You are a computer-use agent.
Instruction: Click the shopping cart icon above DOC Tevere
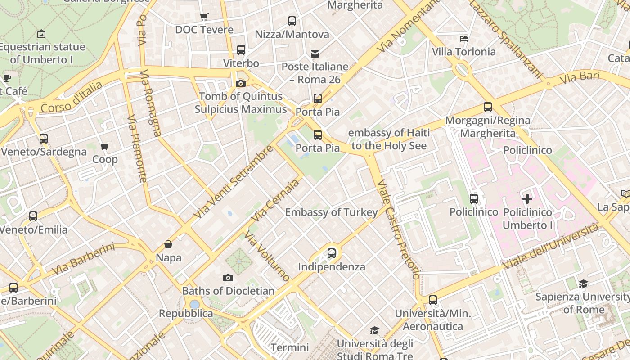[x=204, y=17]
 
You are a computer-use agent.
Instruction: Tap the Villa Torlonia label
[x=463, y=52]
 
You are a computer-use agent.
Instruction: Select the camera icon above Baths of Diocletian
[x=228, y=278]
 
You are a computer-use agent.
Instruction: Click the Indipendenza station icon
[x=332, y=253]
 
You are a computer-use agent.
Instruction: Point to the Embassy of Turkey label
[x=332, y=212]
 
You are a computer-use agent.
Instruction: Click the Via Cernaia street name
[x=275, y=201]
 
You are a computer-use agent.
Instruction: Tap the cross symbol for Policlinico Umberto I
[x=527, y=198]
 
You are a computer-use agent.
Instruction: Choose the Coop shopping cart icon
[x=105, y=146]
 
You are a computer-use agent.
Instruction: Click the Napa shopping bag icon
[x=168, y=244]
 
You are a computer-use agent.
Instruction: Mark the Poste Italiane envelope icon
[x=315, y=54]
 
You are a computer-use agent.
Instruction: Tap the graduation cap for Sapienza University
[x=583, y=283]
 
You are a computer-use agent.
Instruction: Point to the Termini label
[x=290, y=347]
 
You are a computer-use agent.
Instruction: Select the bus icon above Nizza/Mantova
[x=292, y=21]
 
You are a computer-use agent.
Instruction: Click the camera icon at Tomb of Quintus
[x=241, y=83]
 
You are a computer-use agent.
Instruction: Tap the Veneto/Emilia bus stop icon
[x=33, y=216]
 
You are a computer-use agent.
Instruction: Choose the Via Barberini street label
[x=83, y=259]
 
